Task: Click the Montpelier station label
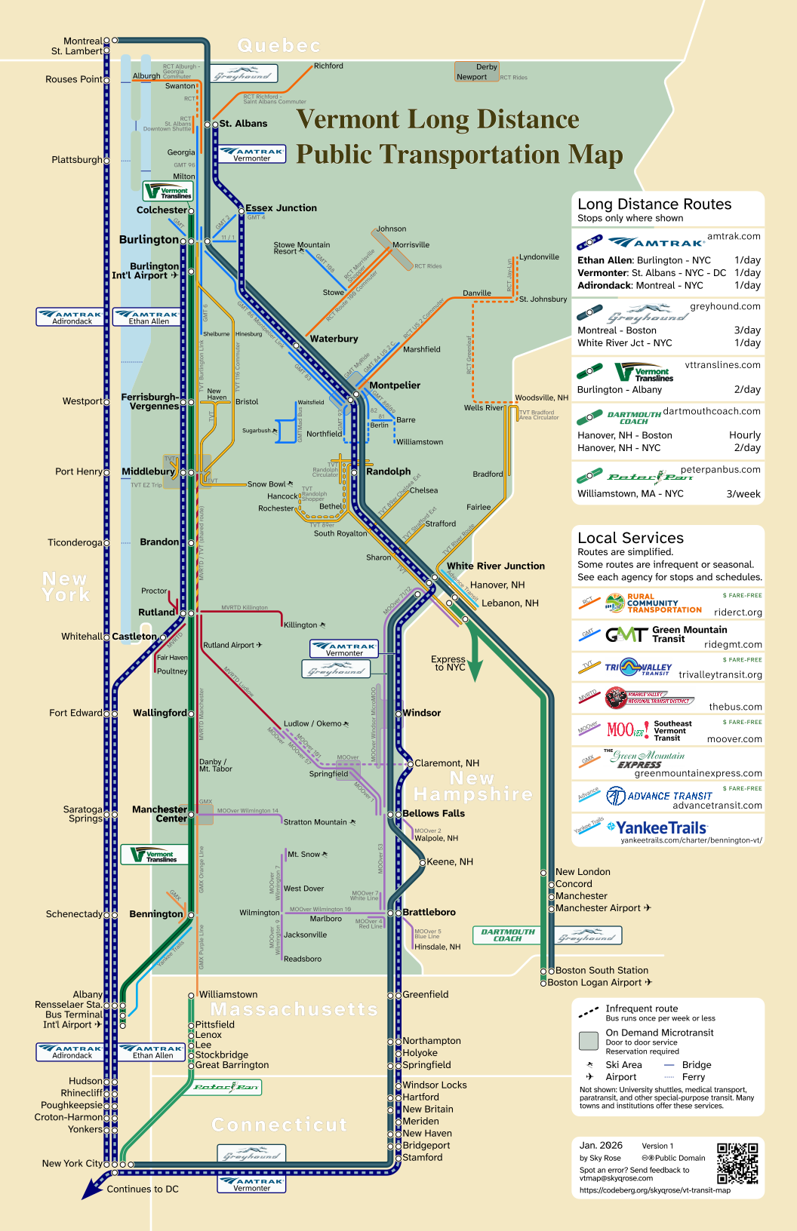pos(395,385)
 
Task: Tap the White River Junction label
pos(495,566)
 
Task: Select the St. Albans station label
pos(243,124)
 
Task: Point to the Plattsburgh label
pos(76,160)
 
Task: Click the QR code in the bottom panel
pos(737,1163)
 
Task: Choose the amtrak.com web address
pos(734,236)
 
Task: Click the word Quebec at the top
pos(278,46)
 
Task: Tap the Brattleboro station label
pos(429,912)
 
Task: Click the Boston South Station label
pos(602,970)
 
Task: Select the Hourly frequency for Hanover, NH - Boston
pos(744,435)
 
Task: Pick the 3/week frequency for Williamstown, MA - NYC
pos(743,494)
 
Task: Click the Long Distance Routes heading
pos(654,204)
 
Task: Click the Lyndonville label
pos(539,257)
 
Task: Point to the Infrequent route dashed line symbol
pos(588,1012)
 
